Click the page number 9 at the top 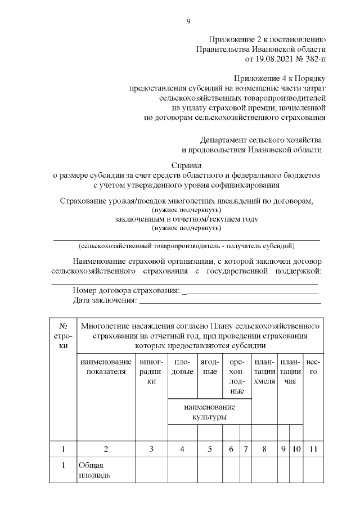coord(188,22)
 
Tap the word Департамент coord(224,139)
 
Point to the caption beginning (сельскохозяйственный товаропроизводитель coord(186,246)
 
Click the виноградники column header coord(151,372)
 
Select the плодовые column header coord(182,366)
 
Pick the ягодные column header coord(210,366)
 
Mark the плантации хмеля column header coord(264,372)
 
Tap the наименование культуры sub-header coord(209,412)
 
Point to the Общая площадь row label coord(94,470)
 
